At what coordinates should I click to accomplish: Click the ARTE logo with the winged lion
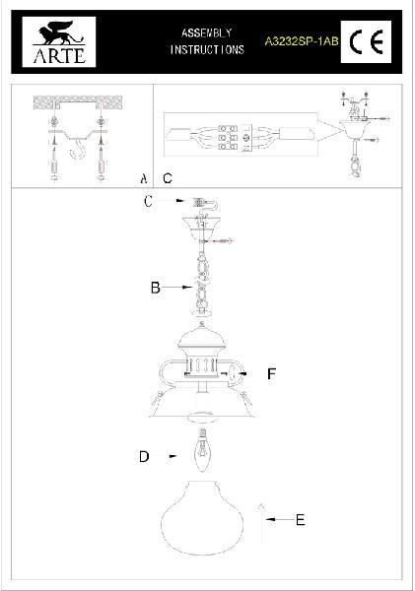point(59,41)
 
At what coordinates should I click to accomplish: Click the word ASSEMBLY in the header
point(206,33)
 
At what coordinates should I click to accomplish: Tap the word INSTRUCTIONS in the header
point(207,50)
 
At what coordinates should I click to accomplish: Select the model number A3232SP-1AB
point(301,41)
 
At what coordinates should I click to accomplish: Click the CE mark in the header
point(366,41)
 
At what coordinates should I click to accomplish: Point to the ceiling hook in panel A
point(78,149)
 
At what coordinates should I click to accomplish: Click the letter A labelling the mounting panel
point(143,178)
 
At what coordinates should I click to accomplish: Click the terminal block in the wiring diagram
point(228,138)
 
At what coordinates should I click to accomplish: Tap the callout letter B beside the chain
point(156,288)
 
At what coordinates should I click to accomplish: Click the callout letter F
point(272,374)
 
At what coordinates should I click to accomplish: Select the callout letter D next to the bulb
point(144,457)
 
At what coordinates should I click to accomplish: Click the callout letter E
point(301,520)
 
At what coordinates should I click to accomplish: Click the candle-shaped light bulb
point(203,450)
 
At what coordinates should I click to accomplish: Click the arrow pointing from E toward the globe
point(280,519)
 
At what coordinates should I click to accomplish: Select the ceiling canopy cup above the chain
point(202,227)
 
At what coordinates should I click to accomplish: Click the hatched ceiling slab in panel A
point(78,101)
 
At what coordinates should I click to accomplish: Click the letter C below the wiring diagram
point(168,178)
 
